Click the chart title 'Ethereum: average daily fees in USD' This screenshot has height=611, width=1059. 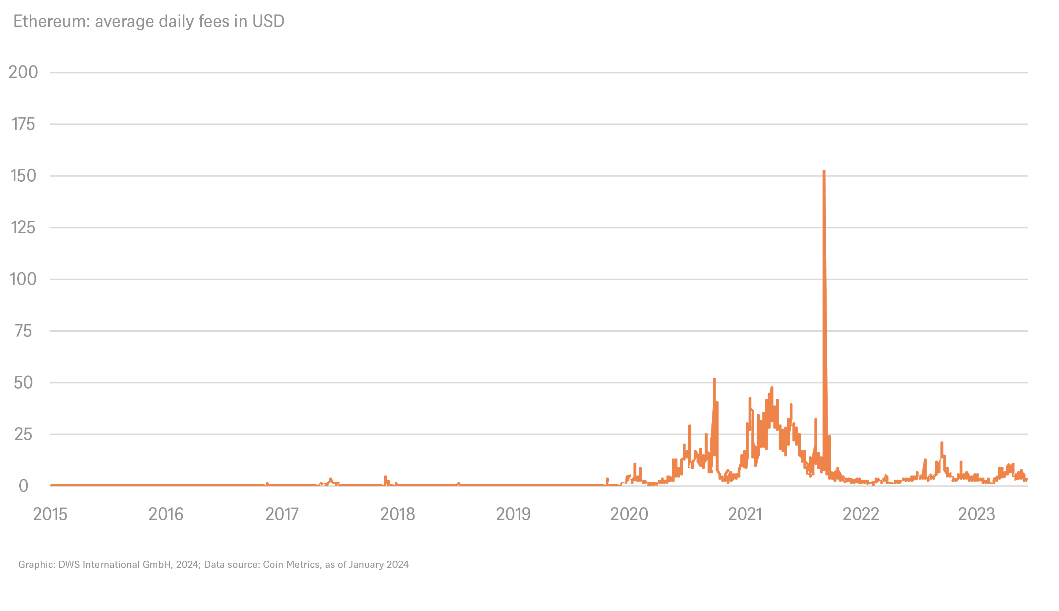pyautogui.click(x=149, y=21)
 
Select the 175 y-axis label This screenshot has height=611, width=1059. pyautogui.click(x=23, y=124)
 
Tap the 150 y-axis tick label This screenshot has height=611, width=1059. pyautogui.click(x=23, y=176)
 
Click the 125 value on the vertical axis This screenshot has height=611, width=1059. pyautogui.click(x=23, y=228)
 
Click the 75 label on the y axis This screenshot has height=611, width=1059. pyautogui.click(x=23, y=331)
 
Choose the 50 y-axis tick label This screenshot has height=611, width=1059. pyautogui.click(x=23, y=383)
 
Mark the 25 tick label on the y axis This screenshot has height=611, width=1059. pyautogui.click(x=23, y=434)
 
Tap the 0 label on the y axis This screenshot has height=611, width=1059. pyautogui.click(x=23, y=486)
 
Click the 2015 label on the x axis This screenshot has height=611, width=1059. pyautogui.click(x=50, y=514)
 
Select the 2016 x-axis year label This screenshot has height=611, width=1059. pyautogui.click(x=166, y=514)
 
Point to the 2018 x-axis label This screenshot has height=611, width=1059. pyautogui.click(x=398, y=514)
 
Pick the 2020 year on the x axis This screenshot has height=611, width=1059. pyautogui.click(x=629, y=514)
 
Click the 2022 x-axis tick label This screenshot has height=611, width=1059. pyautogui.click(x=861, y=514)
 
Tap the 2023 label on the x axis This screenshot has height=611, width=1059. pyautogui.click(x=977, y=514)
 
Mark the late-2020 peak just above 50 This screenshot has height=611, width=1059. pyautogui.click(x=714, y=379)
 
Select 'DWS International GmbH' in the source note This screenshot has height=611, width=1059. pyautogui.click(x=114, y=564)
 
